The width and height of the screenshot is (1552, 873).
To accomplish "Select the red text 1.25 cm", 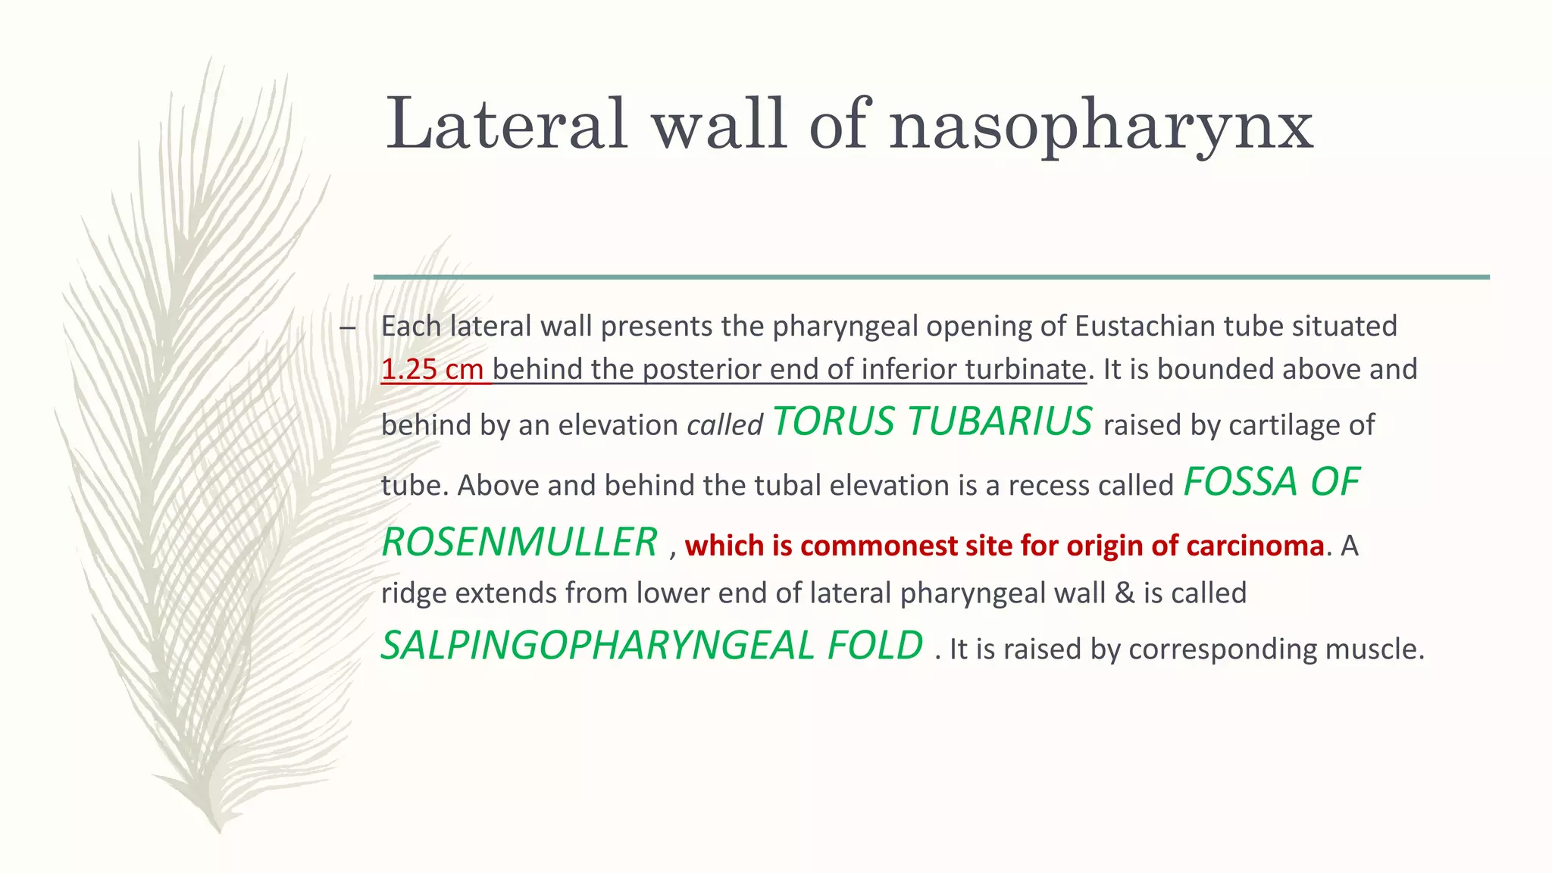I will [432, 369].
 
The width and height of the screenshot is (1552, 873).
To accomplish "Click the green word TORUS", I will [833, 421].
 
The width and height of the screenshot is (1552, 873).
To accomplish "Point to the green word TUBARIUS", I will [1000, 421].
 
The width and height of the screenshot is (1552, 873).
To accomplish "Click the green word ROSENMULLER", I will [519, 543].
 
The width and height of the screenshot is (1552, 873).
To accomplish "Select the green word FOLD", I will [875, 646].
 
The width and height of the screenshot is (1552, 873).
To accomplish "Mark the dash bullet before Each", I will [348, 328].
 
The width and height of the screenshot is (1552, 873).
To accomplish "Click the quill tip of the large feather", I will [218, 830].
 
